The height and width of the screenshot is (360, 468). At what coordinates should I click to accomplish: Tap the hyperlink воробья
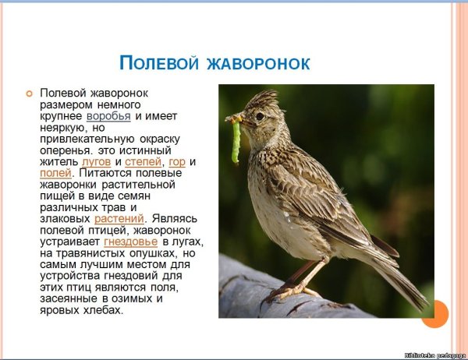pos(108,116)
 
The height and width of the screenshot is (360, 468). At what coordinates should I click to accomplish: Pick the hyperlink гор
pos(177,161)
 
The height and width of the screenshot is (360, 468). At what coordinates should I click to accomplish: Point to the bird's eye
pos(260,117)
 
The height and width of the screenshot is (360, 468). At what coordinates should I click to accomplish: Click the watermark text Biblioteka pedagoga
pos(434,354)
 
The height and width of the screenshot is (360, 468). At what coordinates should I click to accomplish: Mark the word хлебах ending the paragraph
pos(105,309)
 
